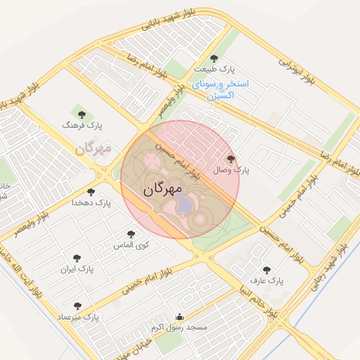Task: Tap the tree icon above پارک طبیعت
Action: point(214,58)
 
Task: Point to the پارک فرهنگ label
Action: point(82,124)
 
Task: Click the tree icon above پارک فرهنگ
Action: point(80,112)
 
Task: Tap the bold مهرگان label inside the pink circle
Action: point(163,189)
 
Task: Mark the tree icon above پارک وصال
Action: point(231,159)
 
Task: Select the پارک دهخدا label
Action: point(91,203)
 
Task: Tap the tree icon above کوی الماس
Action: point(130,235)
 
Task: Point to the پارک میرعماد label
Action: point(82,318)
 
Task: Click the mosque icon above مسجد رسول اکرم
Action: point(179,316)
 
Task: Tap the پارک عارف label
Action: point(271,281)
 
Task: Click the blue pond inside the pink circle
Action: point(183,204)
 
